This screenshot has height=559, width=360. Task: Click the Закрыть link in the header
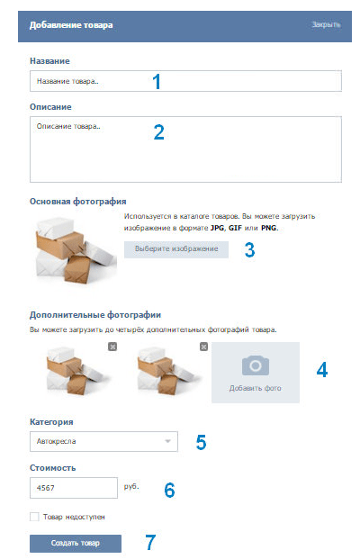point(326,24)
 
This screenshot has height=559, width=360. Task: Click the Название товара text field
point(185,81)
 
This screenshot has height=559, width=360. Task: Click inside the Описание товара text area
point(185,149)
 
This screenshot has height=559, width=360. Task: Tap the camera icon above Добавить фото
point(256,365)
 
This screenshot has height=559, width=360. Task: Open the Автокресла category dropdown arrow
point(167,441)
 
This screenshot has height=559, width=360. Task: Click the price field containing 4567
point(74,488)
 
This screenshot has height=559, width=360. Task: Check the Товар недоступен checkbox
point(34,517)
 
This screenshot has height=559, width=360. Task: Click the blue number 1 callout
point(157,81)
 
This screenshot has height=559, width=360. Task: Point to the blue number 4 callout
point(322,370)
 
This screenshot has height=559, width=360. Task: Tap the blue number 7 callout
point(150,542)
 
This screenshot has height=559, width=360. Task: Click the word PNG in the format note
point(269,228)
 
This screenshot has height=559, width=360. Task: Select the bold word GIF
point(235,228)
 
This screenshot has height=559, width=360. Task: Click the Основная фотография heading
point(77,202)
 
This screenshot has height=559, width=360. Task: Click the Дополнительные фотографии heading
point(95,315)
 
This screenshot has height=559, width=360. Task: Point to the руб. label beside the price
point(131,487)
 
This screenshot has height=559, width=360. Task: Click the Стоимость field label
point(53,468)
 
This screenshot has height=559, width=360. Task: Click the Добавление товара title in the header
point(71,25)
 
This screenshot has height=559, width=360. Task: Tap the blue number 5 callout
point(201,442)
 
